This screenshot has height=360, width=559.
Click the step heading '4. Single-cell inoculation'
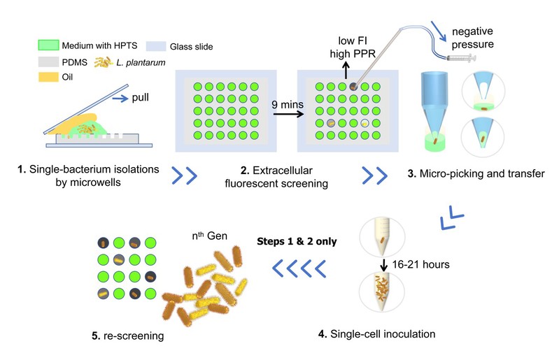point(376,333)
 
